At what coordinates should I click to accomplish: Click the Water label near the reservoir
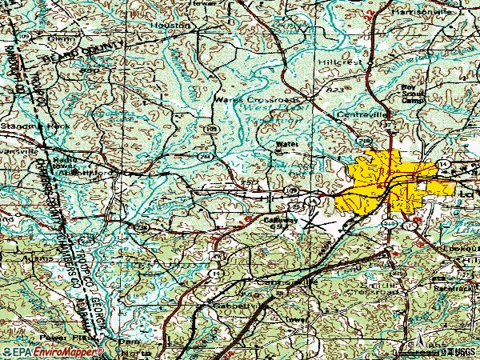(x=286, y=146)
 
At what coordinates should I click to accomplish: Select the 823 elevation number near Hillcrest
(x=335, y=91)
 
